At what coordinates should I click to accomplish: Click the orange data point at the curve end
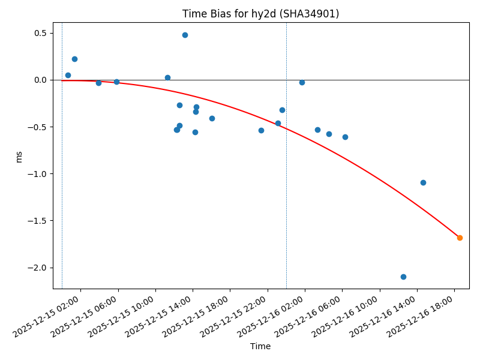(x=460, y=238)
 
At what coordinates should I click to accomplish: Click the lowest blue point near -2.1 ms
(x=403, y=277)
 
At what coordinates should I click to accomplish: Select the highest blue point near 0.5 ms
(x=185, y=35)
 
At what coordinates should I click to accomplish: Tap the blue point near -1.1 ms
(x=423, y=182)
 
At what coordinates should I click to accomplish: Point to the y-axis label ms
(x=19, y=156)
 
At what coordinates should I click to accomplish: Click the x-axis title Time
(x=260, y=346)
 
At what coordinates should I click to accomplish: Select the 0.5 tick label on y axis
(x=39, y=33)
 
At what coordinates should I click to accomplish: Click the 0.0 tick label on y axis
(x=39, y=80)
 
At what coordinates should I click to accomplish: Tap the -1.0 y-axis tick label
(x=37, y=174)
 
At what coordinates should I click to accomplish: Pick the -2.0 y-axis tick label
(x=37, y=268)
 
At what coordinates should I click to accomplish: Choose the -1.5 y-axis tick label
(x=37, y=221)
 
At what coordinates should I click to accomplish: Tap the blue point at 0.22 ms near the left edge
(x=74, y=59)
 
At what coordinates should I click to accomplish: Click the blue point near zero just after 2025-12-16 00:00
(x=302, y=82)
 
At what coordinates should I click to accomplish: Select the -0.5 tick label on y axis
(x=37, y=127)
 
